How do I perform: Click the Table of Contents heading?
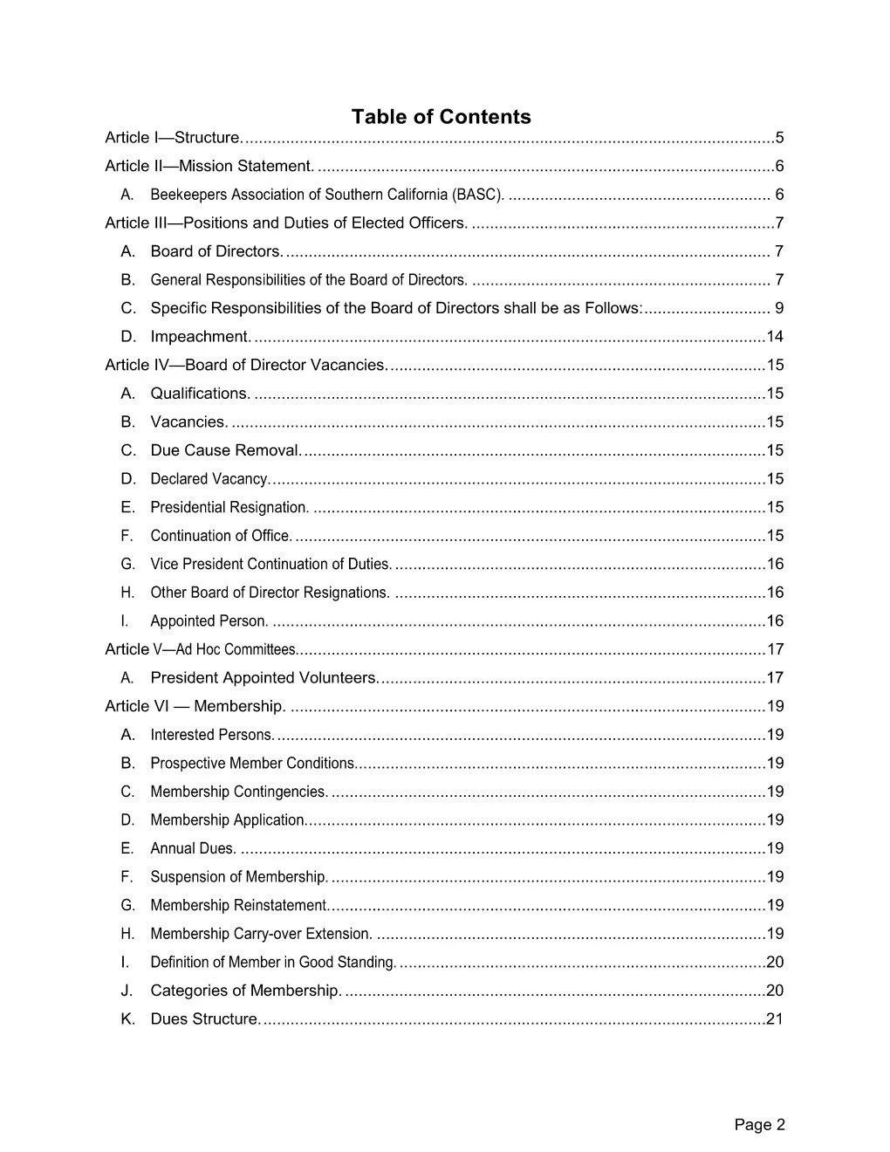[x=441, y=117]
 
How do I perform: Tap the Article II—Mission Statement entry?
[x=209, y=166]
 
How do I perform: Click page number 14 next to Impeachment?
[x=775, y=337]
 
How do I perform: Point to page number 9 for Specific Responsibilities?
[x=779, y=308]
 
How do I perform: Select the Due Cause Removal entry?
[x=226, y=450]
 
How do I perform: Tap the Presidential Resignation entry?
[x=229, y=507]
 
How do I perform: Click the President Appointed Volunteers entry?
[x=264, y=678]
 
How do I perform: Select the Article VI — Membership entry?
[x=195, y=706]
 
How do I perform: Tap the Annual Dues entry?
[x=193, y=848]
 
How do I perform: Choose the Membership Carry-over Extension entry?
[x=261, y=934]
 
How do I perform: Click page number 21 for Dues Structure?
[x=775, y=1019]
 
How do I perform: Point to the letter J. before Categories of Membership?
[x=127, y=991]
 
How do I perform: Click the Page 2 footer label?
[x=759, y=1125]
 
